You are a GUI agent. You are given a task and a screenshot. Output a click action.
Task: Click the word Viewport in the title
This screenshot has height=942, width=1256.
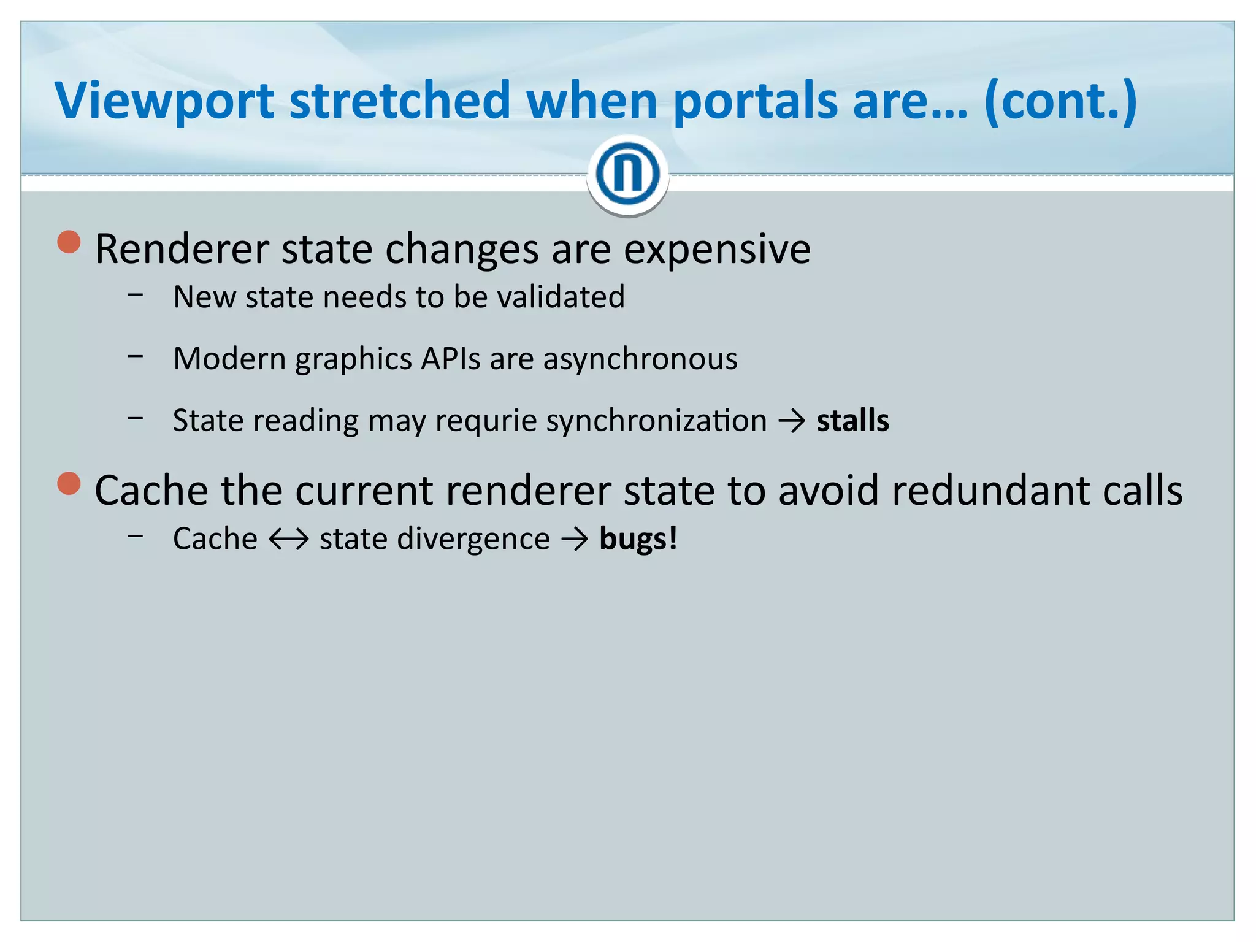[164, 102]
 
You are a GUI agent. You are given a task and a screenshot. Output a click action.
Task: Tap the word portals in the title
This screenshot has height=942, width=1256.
[755, 102]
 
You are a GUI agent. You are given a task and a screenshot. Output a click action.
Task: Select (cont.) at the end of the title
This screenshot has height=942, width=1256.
[1060, 102]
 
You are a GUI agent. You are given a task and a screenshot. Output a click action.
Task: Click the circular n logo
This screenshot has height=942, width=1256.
[627, 174]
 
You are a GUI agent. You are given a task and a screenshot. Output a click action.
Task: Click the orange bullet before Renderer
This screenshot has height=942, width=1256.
[69, 242]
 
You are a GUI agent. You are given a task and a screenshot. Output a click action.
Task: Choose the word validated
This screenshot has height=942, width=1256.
[561, 297]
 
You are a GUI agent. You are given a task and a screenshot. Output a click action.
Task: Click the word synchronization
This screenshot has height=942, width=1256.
[656, 421]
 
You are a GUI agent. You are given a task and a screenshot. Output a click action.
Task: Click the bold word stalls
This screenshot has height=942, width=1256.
[852, 421]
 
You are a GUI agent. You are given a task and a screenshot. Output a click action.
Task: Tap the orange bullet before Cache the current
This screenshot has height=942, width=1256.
[69, 483]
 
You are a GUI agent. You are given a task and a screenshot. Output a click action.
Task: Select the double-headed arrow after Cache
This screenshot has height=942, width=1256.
[288, 540]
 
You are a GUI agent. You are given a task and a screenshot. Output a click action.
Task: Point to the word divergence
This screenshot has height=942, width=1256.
[473, 540]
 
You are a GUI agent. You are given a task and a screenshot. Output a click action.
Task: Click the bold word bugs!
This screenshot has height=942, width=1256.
[638, 540]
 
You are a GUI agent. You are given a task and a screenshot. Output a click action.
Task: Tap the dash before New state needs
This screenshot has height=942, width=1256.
[136, 295]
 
